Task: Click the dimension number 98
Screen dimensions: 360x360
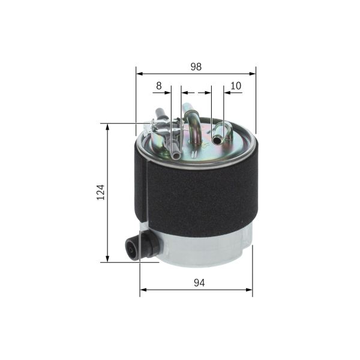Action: (x=196, y=67)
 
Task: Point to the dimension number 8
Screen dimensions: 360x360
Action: (x=158, y=86)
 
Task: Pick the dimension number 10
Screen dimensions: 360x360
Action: (x=236, y=86)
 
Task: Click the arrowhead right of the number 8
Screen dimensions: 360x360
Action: (x=169, y=93)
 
